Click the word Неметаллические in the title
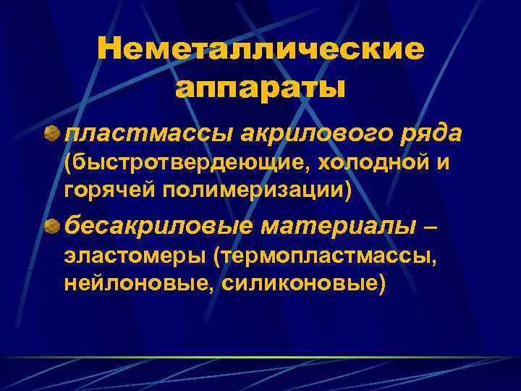click(260, 51)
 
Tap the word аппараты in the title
click(260, 88)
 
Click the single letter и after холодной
click(443, 164)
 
